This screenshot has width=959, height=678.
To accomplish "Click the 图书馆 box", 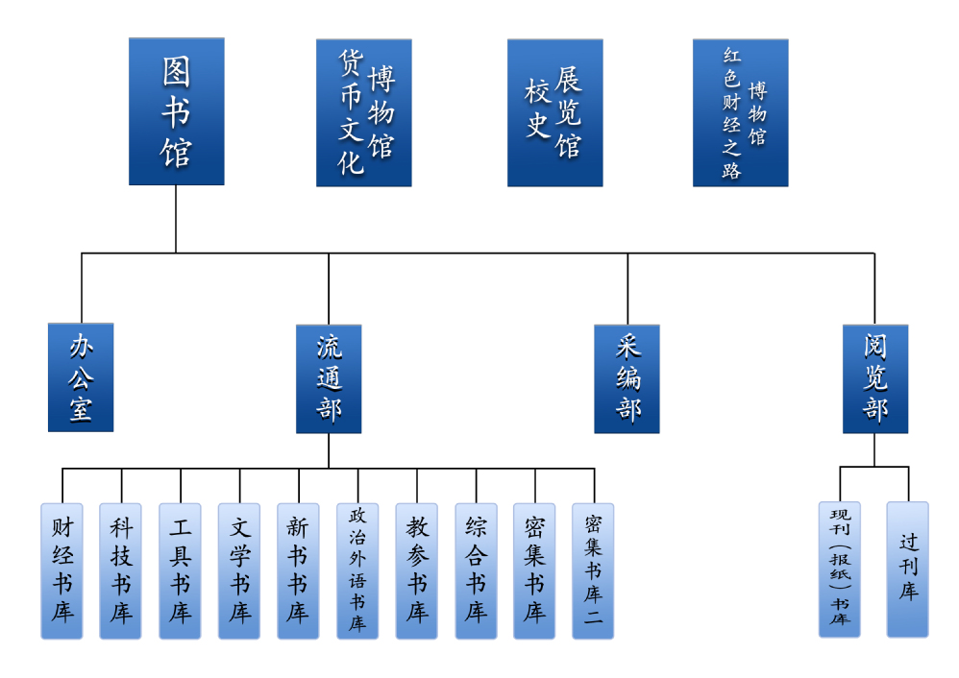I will point(176,111).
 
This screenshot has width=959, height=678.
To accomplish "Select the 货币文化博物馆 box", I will point(363,112).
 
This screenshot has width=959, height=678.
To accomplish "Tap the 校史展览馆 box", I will point(554,112).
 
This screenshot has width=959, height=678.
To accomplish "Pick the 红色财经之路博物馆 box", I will point(740,112).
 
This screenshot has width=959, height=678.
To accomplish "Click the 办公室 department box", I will point(81,377).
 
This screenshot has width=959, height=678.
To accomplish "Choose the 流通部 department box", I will point(329,378).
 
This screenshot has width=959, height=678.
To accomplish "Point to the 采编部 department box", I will point(627,378).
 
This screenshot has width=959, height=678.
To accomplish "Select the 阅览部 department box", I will point(874,378).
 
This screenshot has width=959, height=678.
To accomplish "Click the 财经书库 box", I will point(61,570).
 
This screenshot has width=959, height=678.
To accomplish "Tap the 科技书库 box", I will point(120,570).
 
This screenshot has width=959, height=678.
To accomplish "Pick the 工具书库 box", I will point(180,570).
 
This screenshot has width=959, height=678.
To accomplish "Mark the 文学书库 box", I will point(239,570).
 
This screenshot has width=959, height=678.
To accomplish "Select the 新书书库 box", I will point(298,570).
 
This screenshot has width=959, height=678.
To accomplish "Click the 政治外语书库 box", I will point(357,570).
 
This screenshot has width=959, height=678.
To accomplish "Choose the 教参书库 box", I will point(416,570).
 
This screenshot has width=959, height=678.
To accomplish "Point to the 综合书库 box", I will point(476,570).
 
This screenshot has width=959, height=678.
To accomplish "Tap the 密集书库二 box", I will point(593,570).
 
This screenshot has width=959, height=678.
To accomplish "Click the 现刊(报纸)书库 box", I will point(840,569).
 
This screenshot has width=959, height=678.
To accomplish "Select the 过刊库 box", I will point(907,569).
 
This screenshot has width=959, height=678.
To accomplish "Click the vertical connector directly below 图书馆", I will point(176,219).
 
